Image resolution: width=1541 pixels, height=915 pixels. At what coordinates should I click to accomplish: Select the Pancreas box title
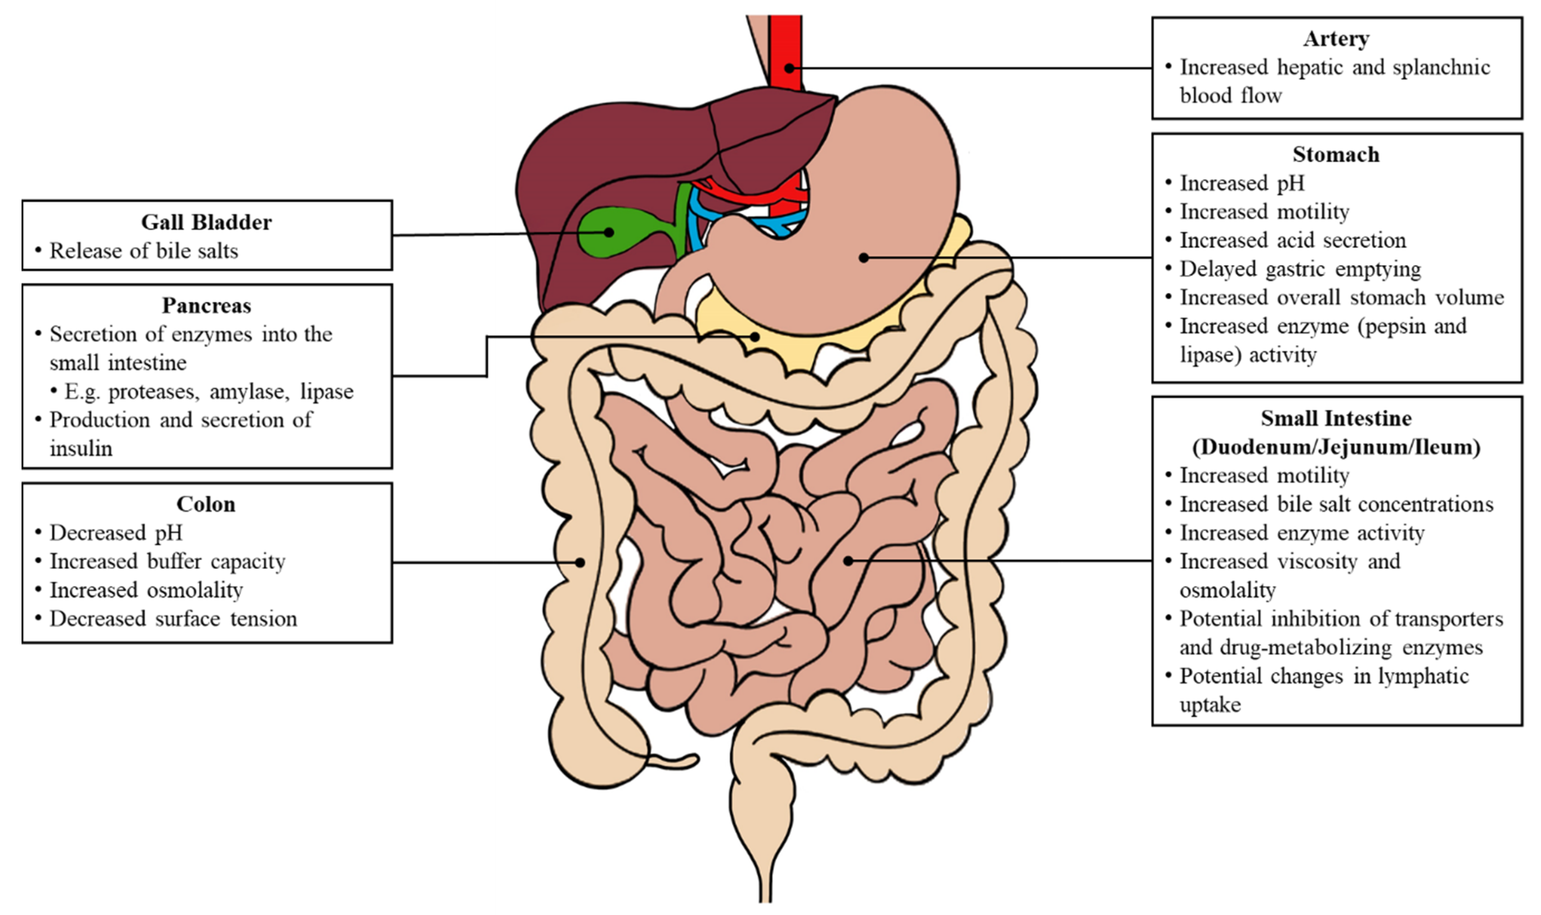click(207, 305)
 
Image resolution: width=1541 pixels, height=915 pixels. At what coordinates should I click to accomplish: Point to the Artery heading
click(1336, 38)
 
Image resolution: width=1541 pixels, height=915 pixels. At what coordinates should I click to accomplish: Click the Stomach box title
click(1336, 154)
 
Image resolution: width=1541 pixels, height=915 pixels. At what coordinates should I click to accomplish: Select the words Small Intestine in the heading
click(1336, 418)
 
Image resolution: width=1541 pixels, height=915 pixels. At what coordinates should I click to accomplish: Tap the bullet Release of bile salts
click(144, 251)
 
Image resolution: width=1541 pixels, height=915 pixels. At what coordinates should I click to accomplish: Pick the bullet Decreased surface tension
click(173, 618)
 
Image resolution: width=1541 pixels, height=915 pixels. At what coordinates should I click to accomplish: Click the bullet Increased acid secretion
click(1293, 240)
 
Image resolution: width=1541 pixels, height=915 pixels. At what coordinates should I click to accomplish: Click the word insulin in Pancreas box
click(81, 448)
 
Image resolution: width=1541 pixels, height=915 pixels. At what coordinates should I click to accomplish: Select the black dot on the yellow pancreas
click(755, 337)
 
